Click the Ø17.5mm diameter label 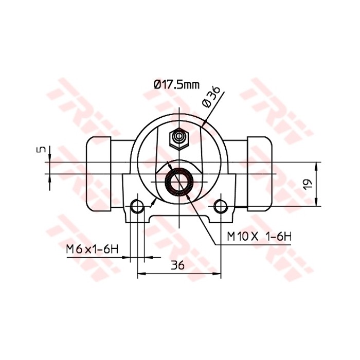tap(176, 85)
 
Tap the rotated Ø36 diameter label tap(211, 96)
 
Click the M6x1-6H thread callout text tap(92, 250)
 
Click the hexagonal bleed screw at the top tap(179, 138)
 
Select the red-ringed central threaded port tap(179, 182)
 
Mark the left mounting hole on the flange tap(137, 206)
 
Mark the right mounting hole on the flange tap(221, 206)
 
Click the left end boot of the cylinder tap(99, 173)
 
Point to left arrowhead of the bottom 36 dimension tap(140, 274)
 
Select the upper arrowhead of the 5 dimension tap(50, 159)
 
